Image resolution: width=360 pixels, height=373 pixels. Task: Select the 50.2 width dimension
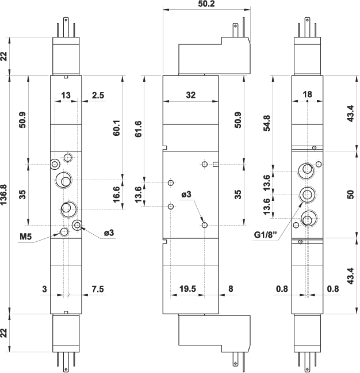point(206,4)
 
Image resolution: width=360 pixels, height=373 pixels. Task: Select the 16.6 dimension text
point(117,194)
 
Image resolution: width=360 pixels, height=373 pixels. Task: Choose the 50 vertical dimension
point(350,194)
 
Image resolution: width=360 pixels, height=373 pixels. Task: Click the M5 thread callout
point(25,236)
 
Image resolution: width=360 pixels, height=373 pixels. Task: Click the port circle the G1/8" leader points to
point(306,195)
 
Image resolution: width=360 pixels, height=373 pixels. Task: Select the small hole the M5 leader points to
point(64,232)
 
